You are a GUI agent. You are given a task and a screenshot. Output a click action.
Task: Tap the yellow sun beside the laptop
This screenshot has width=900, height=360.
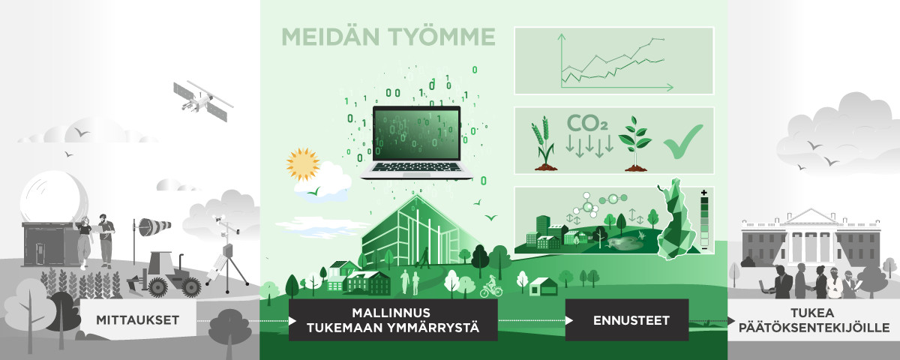303,163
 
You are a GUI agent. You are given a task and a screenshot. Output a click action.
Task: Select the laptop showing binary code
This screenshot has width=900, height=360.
416,142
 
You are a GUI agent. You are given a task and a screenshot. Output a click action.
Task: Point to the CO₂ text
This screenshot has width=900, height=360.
587,123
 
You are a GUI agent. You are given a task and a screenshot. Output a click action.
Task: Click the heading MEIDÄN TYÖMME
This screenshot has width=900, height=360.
388,37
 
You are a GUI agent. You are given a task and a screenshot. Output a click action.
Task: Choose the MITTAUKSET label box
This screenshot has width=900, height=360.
137,320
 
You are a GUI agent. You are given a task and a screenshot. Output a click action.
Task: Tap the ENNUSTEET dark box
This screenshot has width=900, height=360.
626,320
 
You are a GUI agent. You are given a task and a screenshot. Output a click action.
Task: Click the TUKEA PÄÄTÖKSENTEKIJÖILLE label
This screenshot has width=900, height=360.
813,320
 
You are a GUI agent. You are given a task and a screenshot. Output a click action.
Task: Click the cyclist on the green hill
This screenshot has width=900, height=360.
491,286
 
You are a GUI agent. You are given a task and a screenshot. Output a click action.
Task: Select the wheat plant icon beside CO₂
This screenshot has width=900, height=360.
544,142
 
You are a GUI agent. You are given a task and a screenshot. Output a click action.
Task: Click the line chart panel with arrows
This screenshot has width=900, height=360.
613,61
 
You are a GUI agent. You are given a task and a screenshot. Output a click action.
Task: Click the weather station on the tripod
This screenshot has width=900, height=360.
224,255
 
